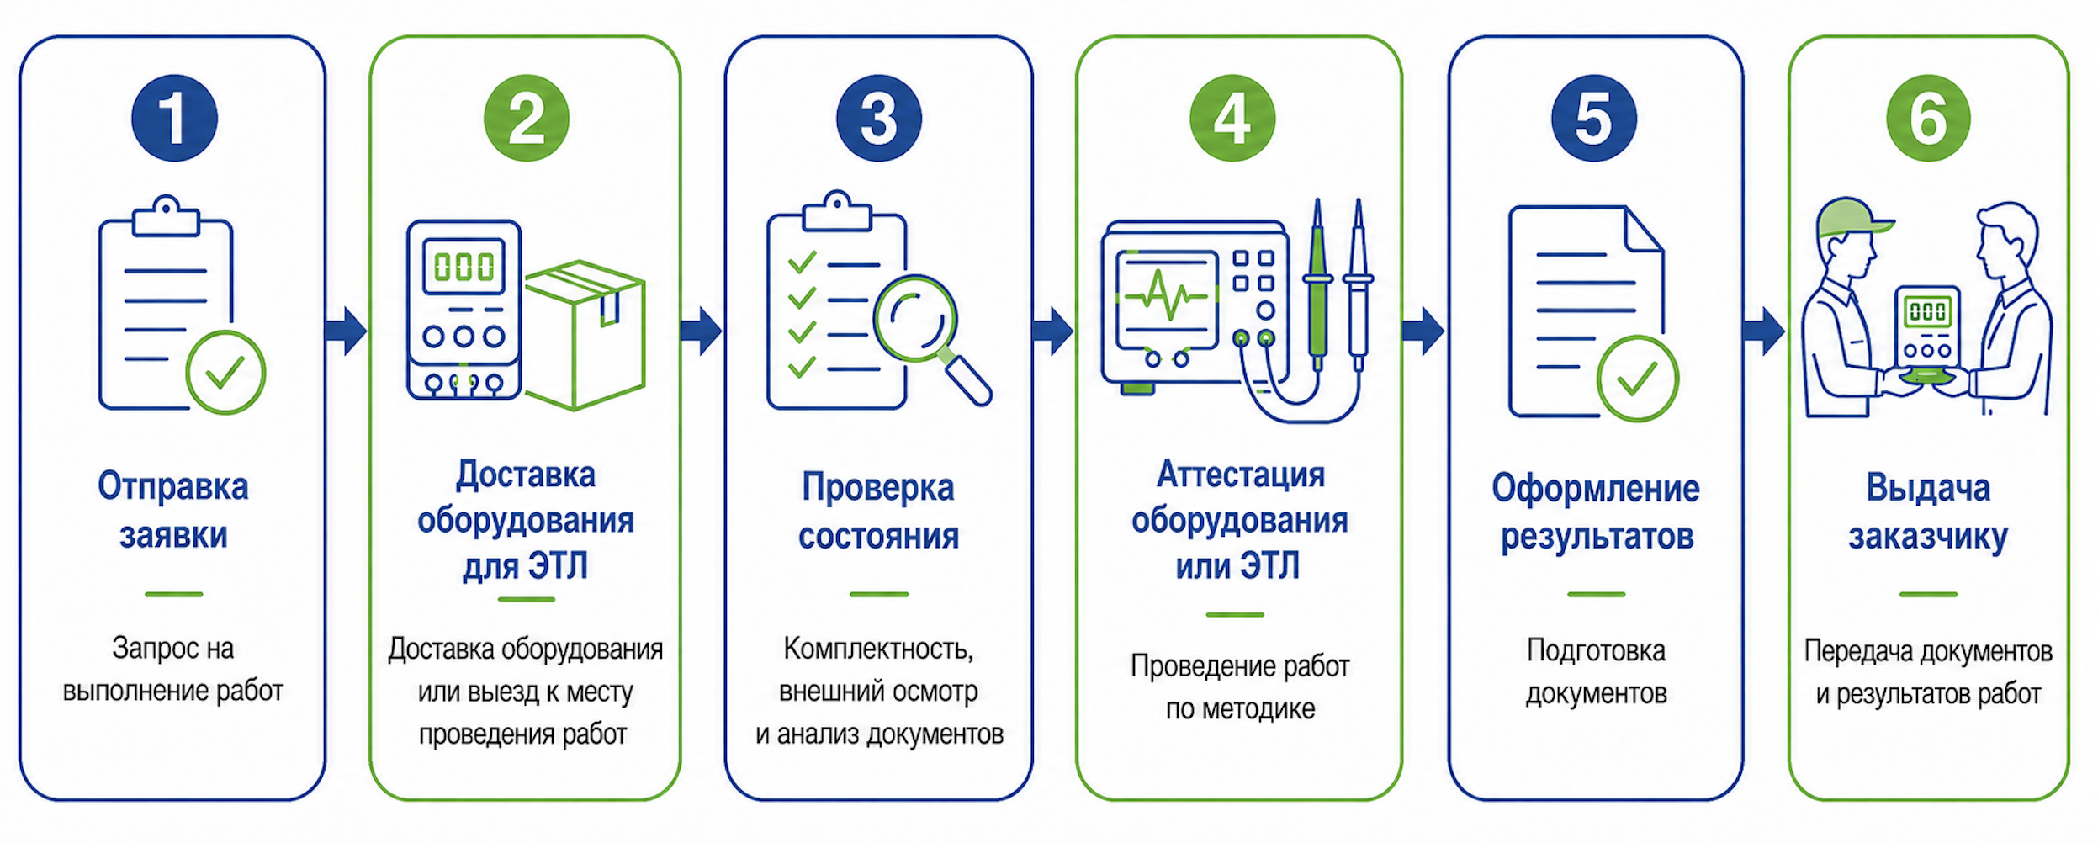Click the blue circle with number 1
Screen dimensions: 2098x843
pos(174,118)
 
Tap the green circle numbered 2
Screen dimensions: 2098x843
pos(527,118)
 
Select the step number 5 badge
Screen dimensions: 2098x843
pos(1593,118)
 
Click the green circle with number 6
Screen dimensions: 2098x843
pos(1928,118)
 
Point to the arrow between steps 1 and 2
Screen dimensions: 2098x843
pos(346,331)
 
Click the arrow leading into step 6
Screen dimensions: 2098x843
pos(1763,331)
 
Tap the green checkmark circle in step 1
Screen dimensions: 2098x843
pos(225,373)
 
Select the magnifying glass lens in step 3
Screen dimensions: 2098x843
pos(914,318)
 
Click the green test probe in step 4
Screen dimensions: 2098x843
pos(1317,286)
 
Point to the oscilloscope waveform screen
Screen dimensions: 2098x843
pos(1166,299)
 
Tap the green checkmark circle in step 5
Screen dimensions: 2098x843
pos(1637,379)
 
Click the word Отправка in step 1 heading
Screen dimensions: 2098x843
pos(173,487)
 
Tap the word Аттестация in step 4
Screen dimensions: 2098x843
pos(1240,475)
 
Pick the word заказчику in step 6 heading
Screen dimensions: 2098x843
pos(1927,537)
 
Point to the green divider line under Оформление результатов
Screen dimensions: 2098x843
pos(1596,594)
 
